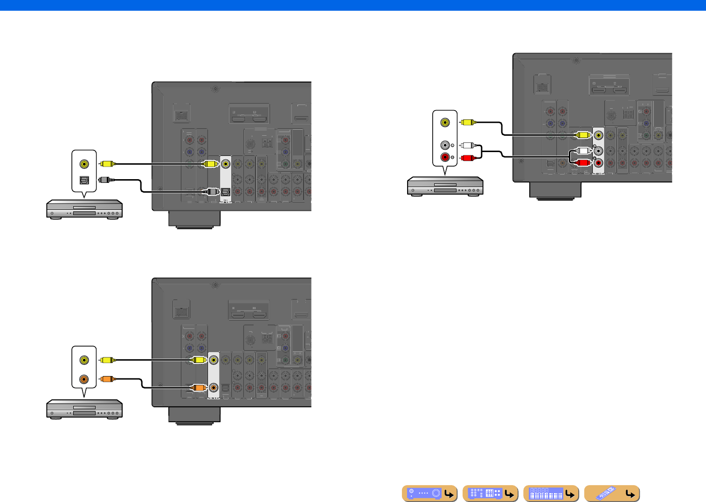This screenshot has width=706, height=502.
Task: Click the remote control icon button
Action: coord(611,493)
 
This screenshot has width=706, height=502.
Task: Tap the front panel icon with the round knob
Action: coord(429,493)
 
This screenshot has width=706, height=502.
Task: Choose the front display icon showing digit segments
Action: coord(551,493)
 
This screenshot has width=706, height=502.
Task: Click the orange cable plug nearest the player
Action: coord(107,379)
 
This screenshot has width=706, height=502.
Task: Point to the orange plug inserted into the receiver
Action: coord(199,388)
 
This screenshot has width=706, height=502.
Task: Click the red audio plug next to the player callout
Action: coord(467,158)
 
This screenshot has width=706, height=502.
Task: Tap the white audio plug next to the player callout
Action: coord(467,145)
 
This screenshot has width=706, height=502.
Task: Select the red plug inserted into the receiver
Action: coord(583,163)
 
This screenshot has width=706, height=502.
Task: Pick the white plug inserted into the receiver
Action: coord(583,151)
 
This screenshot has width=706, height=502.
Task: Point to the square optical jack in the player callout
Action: coord(84,180)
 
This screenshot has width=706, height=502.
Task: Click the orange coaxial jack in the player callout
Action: coord(84,379)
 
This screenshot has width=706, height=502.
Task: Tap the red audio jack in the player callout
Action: coord(445,157)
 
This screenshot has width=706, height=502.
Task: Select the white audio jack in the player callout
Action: coord(445,145)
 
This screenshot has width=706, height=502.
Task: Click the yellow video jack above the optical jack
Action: coord(84,164)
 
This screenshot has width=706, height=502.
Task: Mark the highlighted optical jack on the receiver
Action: coord(226,192)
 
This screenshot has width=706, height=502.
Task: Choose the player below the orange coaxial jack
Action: coord(84,409)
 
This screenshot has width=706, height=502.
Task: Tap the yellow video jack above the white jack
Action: coord(445,123)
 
